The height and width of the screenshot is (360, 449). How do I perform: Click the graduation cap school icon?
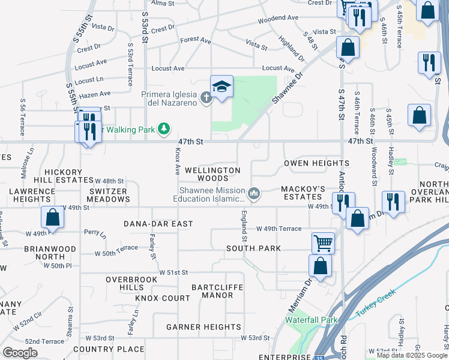[x=221, y=87]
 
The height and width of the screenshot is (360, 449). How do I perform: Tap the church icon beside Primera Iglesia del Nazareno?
[x=206, y=97]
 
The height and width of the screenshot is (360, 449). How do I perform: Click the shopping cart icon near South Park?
[x=323, y=242]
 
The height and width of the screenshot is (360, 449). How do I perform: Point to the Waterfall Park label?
[x=312, y=320]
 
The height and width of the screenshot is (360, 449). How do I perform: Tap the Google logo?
[x=20, y=353]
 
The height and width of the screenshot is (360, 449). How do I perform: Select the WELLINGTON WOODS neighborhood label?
[x=213, y=174]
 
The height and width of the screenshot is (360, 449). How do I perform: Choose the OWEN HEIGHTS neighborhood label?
[x=316, y=163]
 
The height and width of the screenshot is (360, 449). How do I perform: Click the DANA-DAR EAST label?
[x=158, y=224]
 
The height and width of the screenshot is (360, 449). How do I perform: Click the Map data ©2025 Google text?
[x=412, y=355]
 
